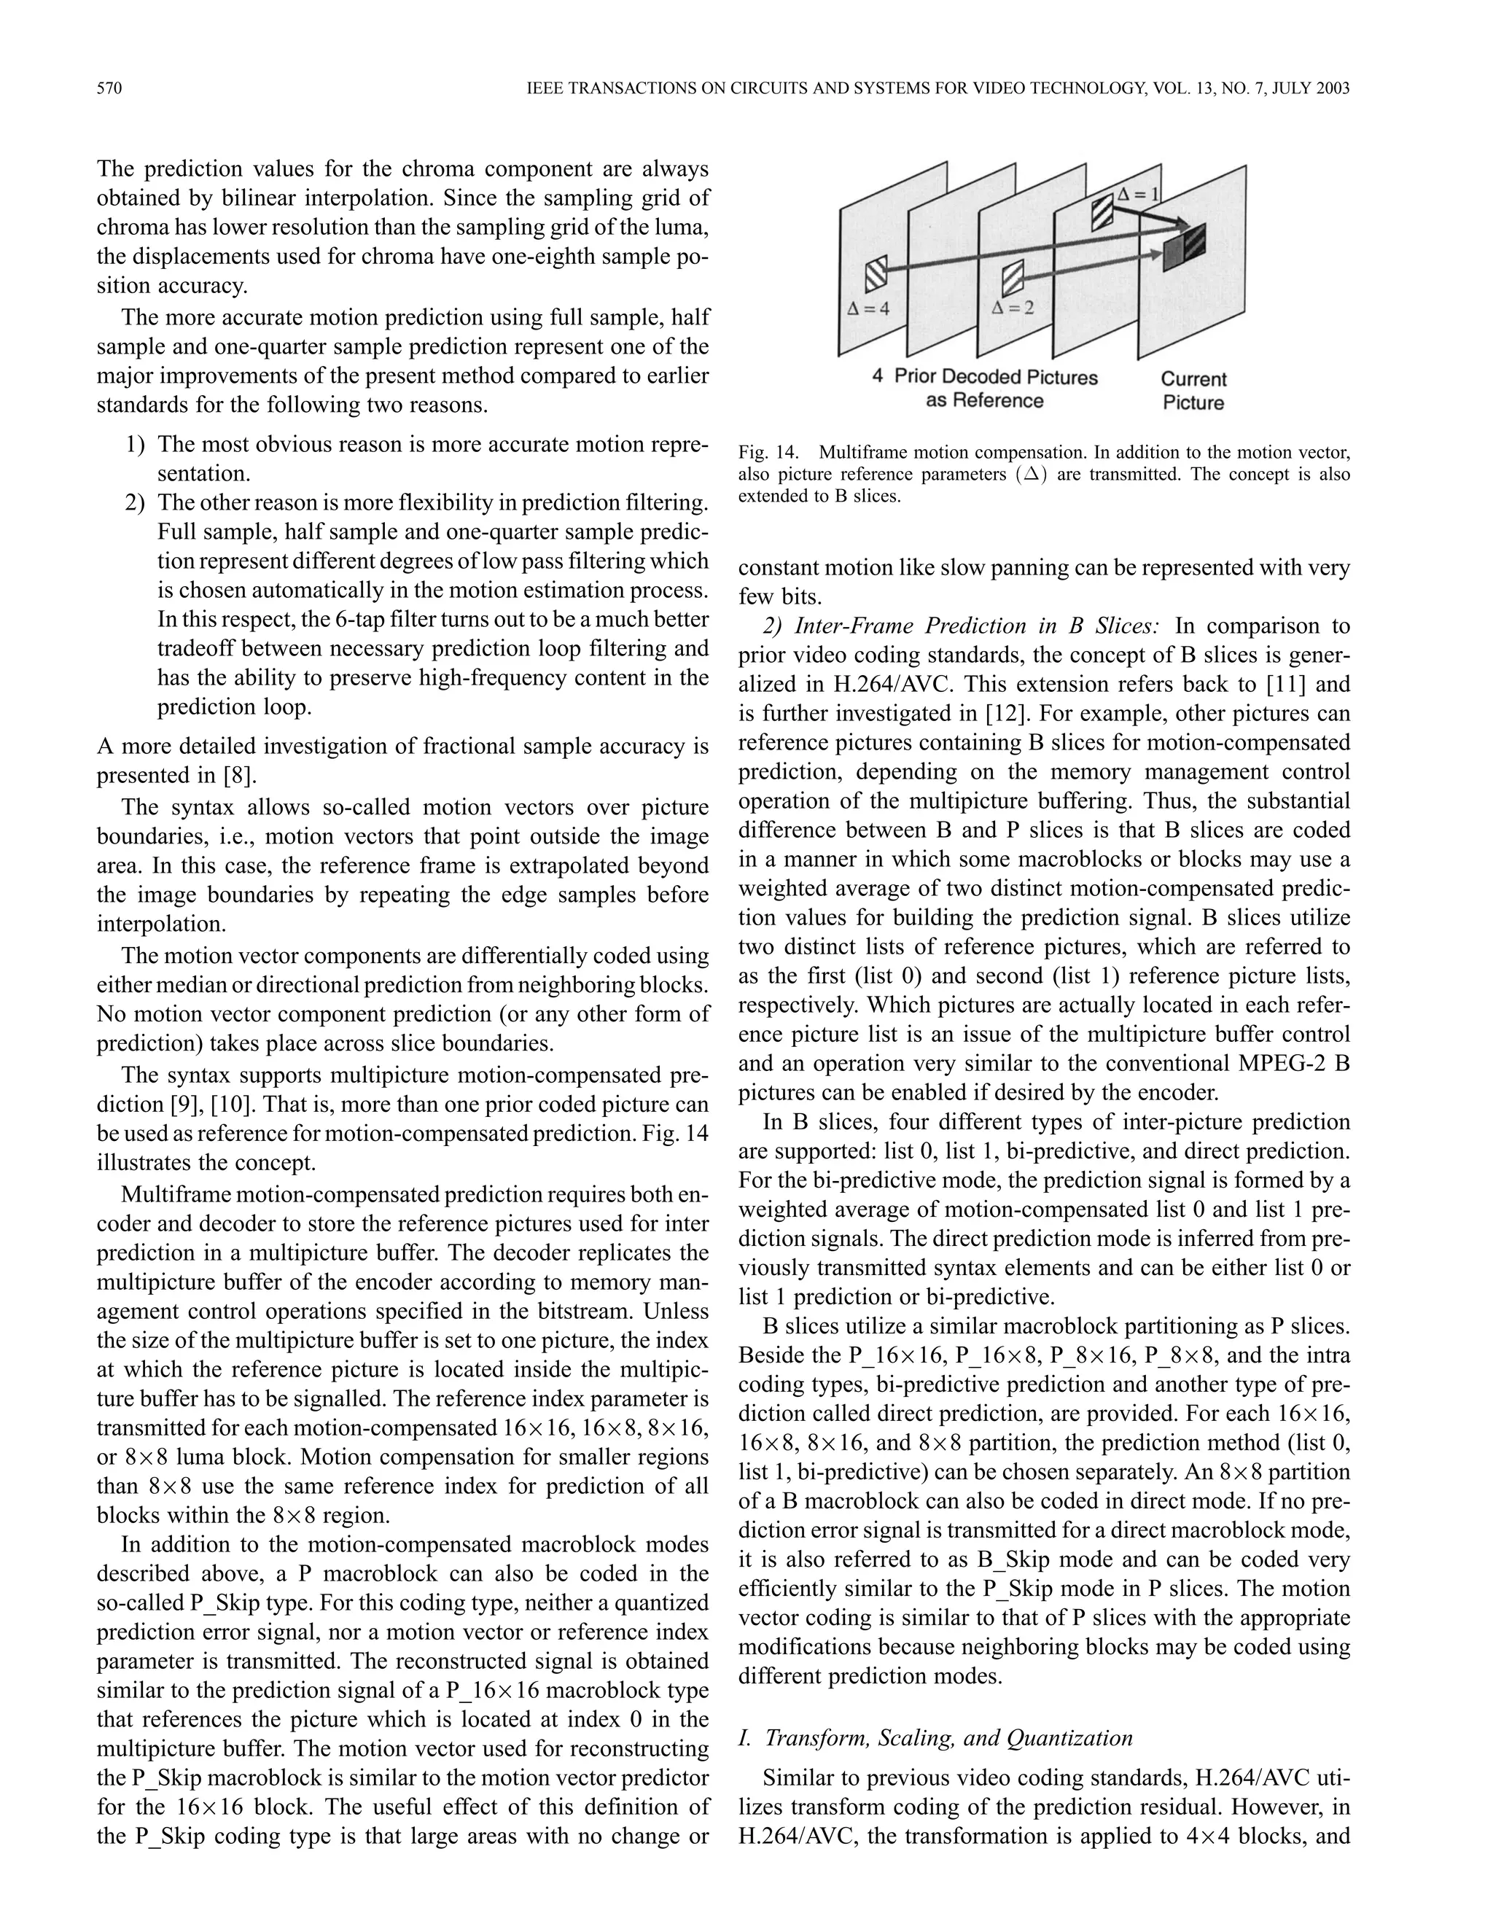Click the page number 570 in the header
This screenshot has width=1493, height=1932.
pyautogui.click(x=109, y=88)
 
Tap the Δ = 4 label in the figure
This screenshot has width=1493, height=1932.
pyautogui.click(x=868, y=308)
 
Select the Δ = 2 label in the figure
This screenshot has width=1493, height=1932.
pyautogui.click(x=1013, y=308)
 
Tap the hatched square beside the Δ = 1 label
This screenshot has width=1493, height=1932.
pyautogui.click(x=1103, y=212)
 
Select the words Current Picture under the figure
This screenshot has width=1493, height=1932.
pyautogui.click(x=1193, y=391)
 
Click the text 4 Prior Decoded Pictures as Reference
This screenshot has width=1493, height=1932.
pyautogui.click(x=984, y=389)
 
